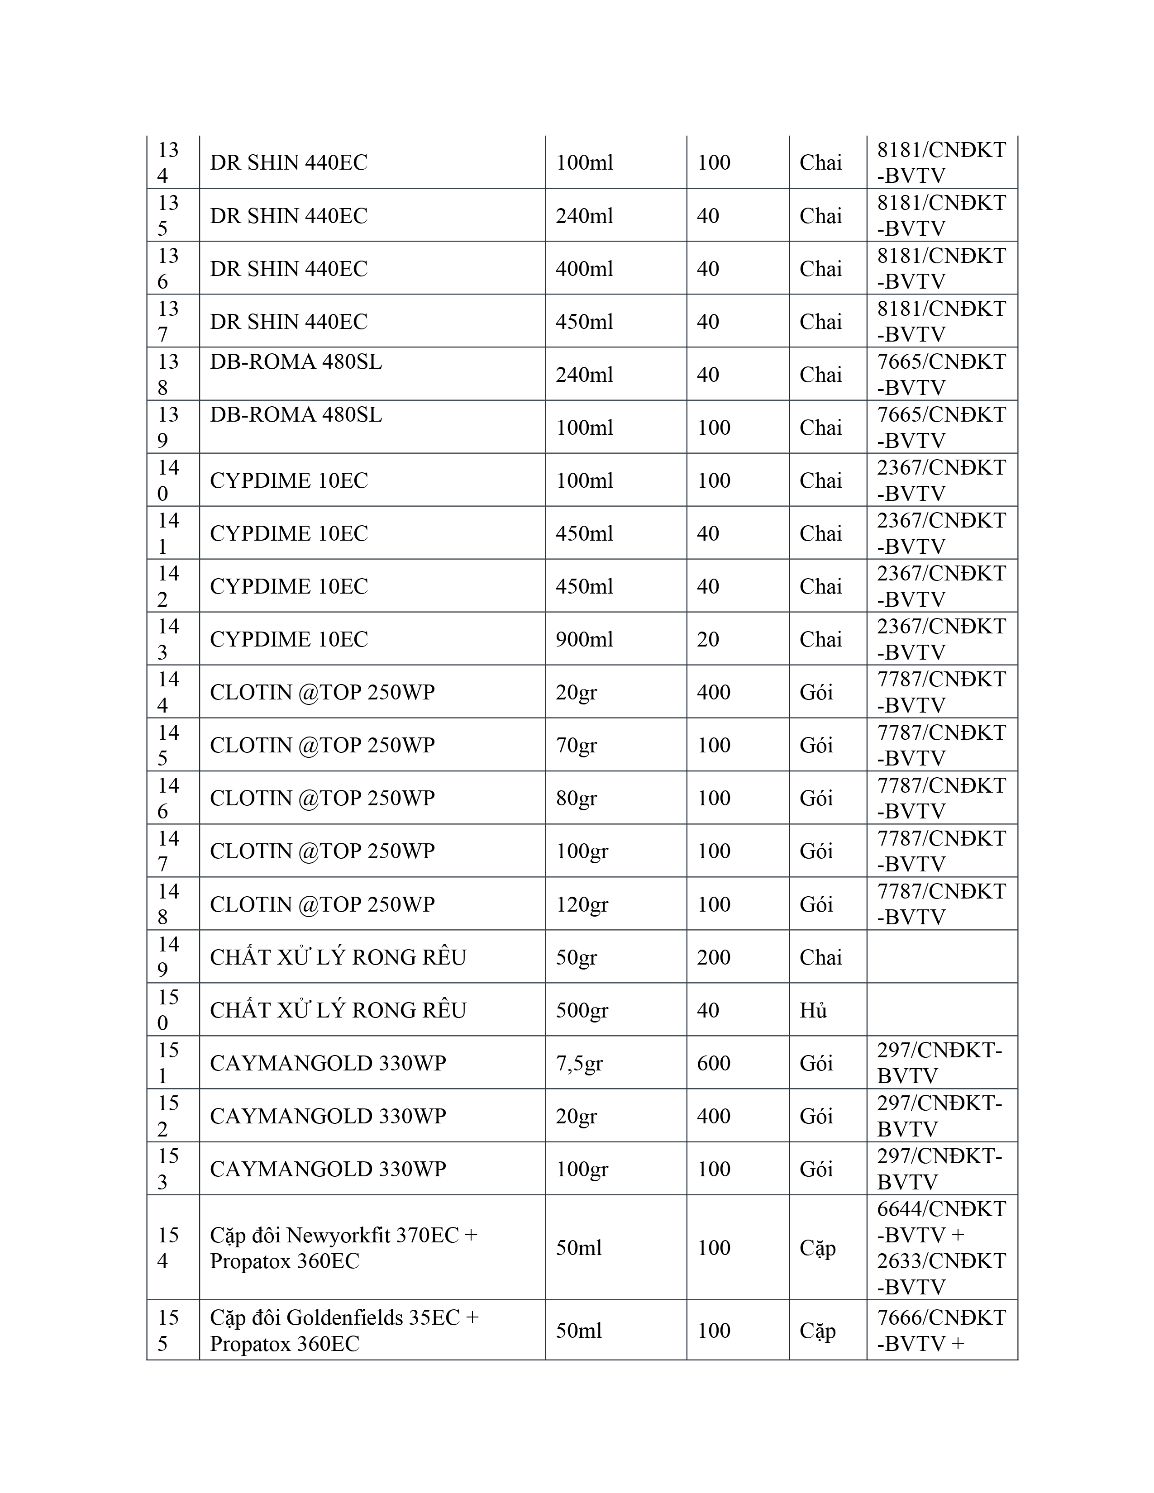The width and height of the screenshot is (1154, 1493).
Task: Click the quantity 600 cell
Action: coord(713,1063)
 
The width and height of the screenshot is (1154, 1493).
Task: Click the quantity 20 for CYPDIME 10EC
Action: coord(708,639)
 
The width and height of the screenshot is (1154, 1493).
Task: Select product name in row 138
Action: coord(296,361)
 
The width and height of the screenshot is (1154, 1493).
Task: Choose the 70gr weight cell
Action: coord(576,745)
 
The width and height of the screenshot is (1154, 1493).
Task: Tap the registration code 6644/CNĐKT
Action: coord(941,1209)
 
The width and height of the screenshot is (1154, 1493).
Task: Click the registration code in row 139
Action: coord(941,427)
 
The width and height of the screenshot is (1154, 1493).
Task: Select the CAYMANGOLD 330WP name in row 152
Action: coord(328,1116)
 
